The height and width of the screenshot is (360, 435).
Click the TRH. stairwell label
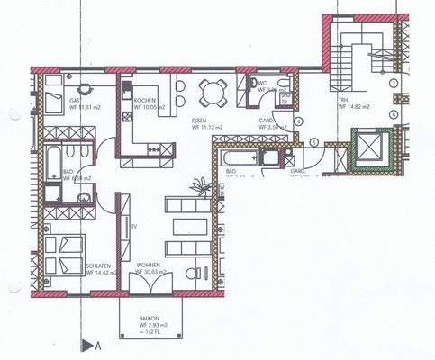(x=345, y=101)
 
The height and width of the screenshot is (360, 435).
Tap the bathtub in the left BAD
(x=54, y=163)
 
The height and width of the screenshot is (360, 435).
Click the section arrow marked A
(x=88, y=344)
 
